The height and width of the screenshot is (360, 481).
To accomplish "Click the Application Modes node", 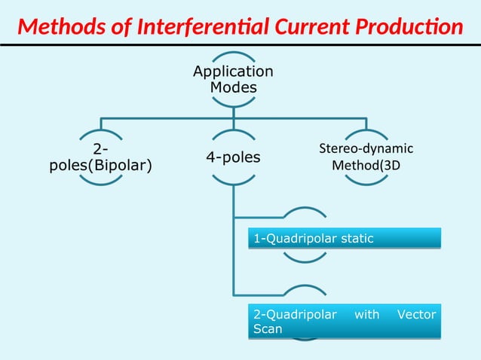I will click(233, 80).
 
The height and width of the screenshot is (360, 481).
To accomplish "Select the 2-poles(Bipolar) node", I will click(100, 157).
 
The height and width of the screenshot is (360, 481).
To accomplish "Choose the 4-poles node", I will click(233, 157).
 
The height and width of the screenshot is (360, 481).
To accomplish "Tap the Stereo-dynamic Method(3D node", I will click(366, 157).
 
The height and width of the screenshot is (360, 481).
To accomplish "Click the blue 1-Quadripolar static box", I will click(344, 239).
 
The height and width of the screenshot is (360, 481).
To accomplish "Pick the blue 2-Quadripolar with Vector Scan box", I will click(344, 322).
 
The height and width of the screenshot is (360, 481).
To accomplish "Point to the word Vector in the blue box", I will click(416, 314).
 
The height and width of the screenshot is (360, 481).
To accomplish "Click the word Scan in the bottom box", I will click(268, 330).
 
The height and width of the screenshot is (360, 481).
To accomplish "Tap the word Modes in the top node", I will click(233, 88).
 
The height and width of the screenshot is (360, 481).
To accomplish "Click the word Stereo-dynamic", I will click(366, 148).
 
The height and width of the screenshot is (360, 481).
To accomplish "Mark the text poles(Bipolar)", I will click(100, 166).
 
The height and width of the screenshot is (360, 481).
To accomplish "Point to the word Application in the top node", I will click(233, 72).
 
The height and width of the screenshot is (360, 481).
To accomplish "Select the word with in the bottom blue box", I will click(366, 314).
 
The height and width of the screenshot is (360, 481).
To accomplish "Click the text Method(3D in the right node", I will click(366, 165).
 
